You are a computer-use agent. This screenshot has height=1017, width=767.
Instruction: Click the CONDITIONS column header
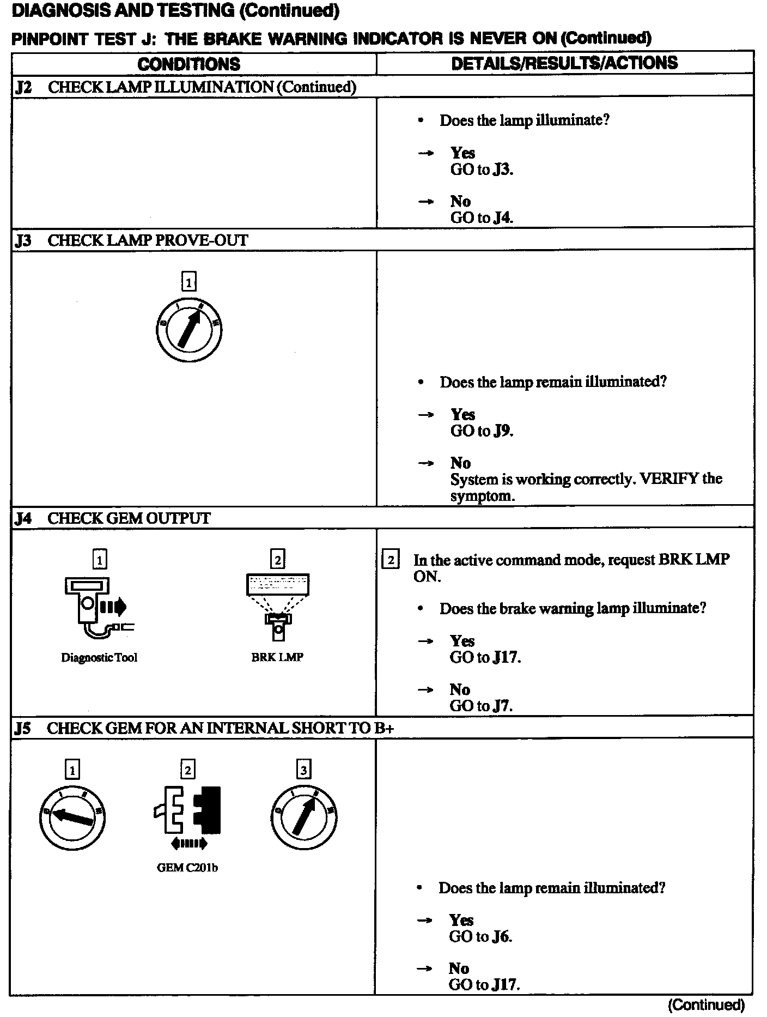188,64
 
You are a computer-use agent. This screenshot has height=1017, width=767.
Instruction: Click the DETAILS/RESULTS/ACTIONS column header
564,63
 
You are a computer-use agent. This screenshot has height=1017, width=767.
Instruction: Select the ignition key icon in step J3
188,330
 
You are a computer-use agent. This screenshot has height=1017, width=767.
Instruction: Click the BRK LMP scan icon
278,606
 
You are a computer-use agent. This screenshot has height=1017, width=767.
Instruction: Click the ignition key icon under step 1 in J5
72,816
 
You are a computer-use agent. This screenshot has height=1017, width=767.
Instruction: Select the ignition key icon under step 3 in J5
303,816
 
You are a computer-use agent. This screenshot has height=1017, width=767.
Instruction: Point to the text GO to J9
482,431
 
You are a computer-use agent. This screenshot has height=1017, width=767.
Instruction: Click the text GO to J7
481,706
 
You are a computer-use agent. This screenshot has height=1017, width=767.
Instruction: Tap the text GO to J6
480,936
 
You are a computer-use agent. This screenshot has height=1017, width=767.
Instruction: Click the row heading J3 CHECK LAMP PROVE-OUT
131,240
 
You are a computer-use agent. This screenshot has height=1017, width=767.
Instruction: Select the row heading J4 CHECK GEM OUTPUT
113,518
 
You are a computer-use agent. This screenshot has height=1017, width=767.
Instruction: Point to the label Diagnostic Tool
99,657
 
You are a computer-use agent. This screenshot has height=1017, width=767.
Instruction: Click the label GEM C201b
187,868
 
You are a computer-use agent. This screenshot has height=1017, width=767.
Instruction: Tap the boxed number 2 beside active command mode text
391,560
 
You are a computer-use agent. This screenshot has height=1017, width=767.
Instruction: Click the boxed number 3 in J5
303,770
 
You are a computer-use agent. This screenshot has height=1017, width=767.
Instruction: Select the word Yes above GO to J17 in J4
462,640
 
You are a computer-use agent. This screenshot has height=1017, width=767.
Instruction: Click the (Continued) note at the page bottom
706,1004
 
